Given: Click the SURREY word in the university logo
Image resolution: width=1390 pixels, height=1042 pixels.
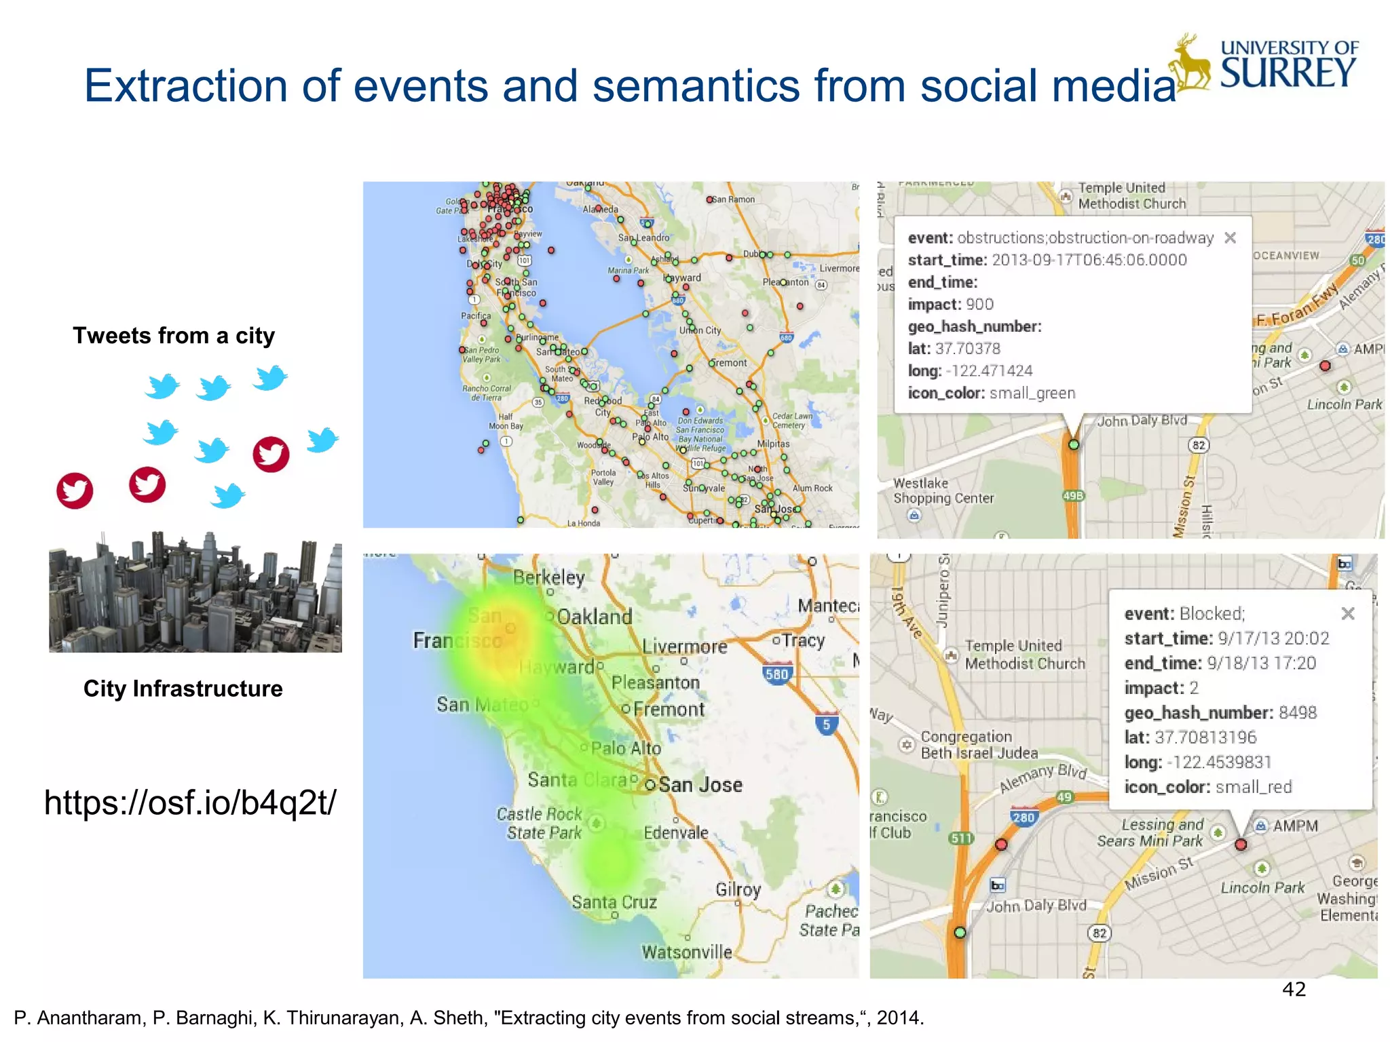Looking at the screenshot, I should coord(1288,73).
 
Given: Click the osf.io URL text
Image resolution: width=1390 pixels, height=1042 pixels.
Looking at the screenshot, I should coord(189,803).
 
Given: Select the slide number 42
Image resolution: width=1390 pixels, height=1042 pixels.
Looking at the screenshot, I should coord(1294,989).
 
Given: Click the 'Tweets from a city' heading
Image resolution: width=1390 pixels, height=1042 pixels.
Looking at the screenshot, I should coord(174,336).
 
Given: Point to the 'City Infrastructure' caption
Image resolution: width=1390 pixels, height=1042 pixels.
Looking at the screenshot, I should coord(183,689).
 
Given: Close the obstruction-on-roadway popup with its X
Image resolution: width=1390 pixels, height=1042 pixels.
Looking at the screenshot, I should coord(1230,237).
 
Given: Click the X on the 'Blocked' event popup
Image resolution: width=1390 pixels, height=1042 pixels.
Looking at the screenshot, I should coord(1348,613).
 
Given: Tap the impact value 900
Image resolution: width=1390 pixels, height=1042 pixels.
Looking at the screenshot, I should coord(979,305).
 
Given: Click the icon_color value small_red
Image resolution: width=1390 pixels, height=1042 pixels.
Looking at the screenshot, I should coord(1253,787).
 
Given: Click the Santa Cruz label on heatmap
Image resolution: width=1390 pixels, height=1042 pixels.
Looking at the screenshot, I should coord(614,902).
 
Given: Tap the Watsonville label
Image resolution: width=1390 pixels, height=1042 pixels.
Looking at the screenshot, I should coord(687,952).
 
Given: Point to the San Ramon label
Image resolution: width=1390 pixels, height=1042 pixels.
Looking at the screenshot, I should coord(733,199).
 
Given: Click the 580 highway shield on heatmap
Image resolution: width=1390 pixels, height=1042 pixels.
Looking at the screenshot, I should coord(776,674).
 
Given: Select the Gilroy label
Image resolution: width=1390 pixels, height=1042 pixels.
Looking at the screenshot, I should coord(738,889).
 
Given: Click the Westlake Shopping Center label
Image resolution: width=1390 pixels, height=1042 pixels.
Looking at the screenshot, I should coord(943,490).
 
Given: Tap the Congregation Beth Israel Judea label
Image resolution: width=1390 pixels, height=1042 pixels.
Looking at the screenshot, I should coord(979,745).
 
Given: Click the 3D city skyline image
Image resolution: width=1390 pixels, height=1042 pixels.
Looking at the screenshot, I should coord(195,592).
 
